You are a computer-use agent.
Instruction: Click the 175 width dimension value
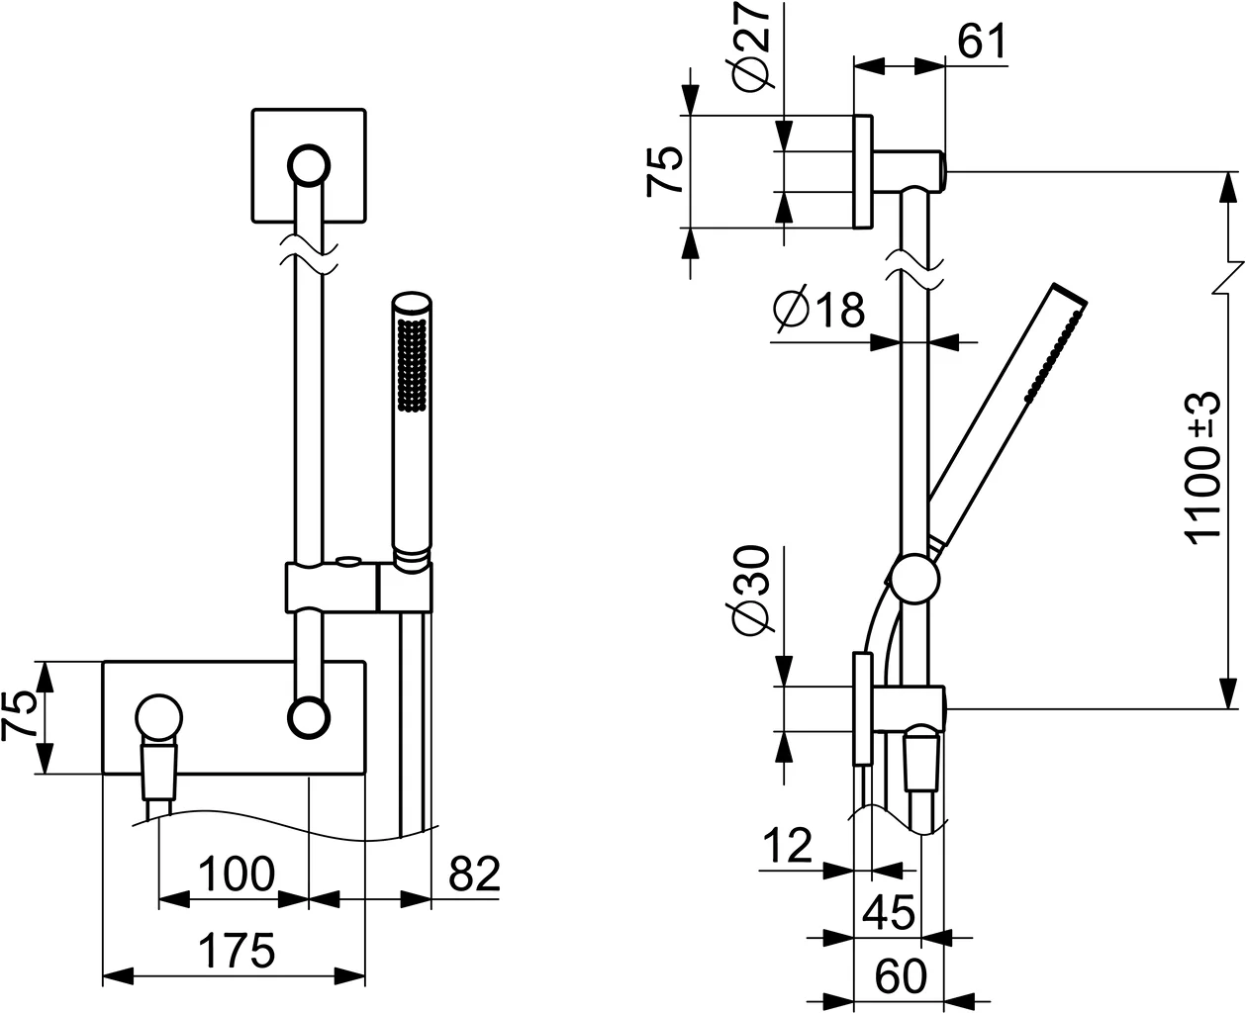click(x=237, y=951)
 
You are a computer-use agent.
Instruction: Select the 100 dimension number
click(x=237, y=875)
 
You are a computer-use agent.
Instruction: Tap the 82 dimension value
click(x=474, y=875)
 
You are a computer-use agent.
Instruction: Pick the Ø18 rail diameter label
click(x=818, y=309)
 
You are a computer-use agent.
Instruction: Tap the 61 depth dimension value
click(x=982, y=42)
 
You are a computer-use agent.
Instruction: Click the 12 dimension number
click(x=788, y=845)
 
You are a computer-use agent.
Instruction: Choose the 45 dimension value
click(x=889, y=912)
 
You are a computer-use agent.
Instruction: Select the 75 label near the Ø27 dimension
click(x=664, y=171)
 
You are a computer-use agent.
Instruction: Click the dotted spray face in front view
click(x=413, y=363)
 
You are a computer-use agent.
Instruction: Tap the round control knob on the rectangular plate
click(x=158, y=717)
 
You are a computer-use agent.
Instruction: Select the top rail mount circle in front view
click(x=309, y=166)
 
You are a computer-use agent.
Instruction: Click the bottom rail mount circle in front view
click(x=309, y=717)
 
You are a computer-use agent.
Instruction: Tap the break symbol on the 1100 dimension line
click(x=1231, y=277)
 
